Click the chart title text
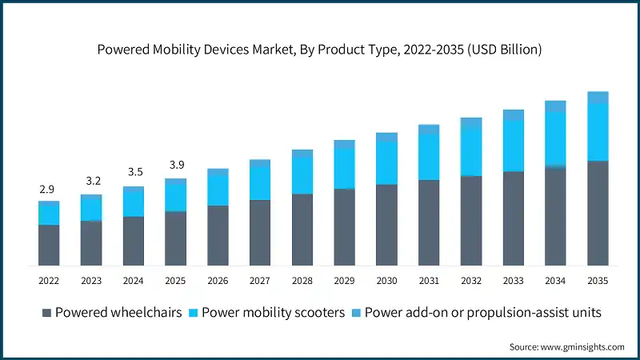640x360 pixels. [320, 50]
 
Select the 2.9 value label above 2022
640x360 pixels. [48, 190]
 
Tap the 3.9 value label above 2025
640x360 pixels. [175, 166]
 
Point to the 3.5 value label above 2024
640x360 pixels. [133, 172]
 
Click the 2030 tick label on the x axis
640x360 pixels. [386, 281]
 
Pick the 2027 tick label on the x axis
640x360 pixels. [260, 281]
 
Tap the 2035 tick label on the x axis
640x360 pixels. [598, 281]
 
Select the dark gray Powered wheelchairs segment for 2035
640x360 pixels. [598, 213]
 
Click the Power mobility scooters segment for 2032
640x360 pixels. [471, 151]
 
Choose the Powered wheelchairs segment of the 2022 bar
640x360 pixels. [49, 245]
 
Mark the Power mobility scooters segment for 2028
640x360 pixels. [302, 175]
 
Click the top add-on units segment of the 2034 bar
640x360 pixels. [555, 106]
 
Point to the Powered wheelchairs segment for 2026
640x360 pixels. [218, 235]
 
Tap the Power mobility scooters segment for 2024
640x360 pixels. [133, 204]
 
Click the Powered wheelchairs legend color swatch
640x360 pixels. [46, 312]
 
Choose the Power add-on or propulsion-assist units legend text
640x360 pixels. [482, 312]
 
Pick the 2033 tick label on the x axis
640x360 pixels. [513, 281]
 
